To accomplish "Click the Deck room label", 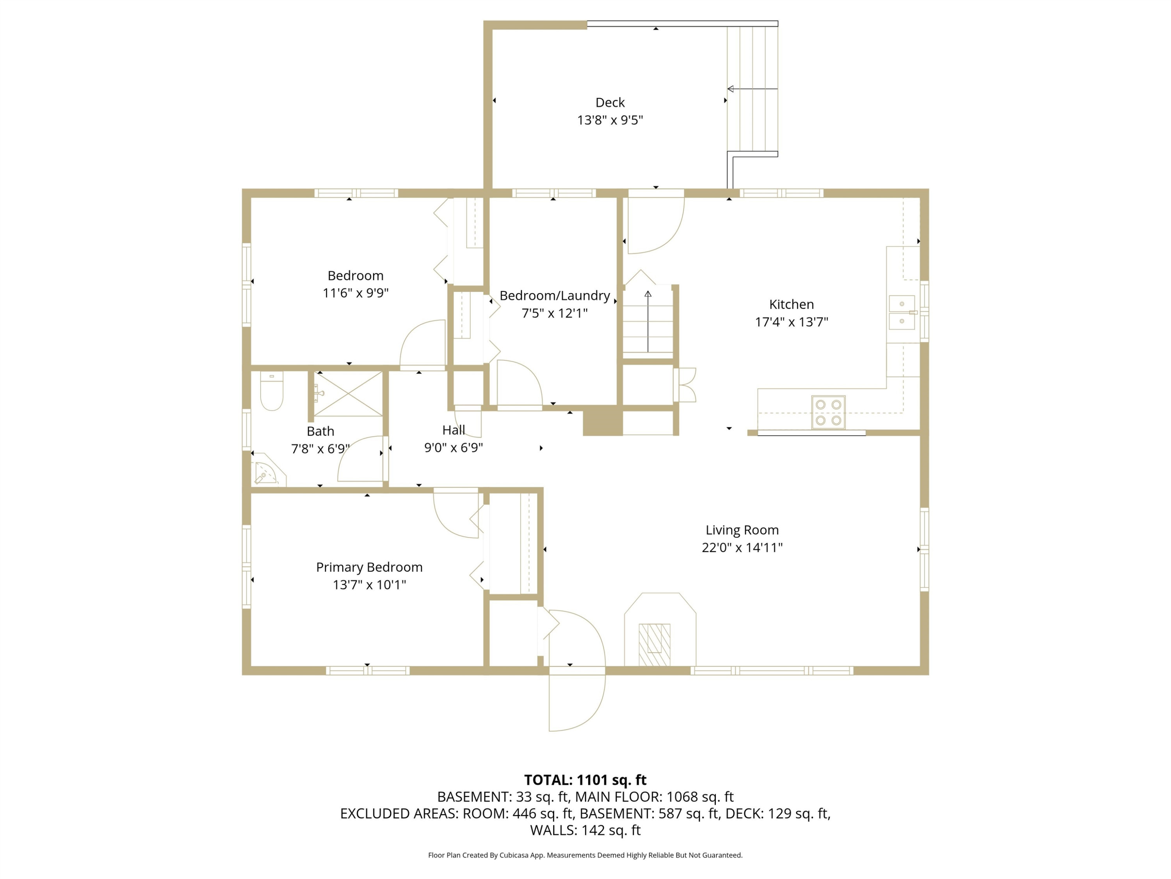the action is point(610,102).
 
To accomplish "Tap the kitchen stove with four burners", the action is point(828,412).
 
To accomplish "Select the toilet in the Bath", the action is point(272,391).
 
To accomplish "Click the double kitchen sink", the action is point(902,312).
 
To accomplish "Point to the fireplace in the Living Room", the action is point(660,629).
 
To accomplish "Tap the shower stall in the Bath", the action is point(348,394).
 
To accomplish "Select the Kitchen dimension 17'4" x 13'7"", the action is point(792,322).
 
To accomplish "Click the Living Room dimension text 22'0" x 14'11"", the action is point(742,547).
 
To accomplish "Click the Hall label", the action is point(454,430).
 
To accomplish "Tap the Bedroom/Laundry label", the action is point(555,296).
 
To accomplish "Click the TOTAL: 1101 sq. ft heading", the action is point(585,779).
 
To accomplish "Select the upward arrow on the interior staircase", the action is point(648,321).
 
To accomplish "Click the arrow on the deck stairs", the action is point(752,89).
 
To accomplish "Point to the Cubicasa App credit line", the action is point(585,855).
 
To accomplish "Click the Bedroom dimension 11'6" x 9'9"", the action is point(356,293).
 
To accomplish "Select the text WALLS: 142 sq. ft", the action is point(585,830).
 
